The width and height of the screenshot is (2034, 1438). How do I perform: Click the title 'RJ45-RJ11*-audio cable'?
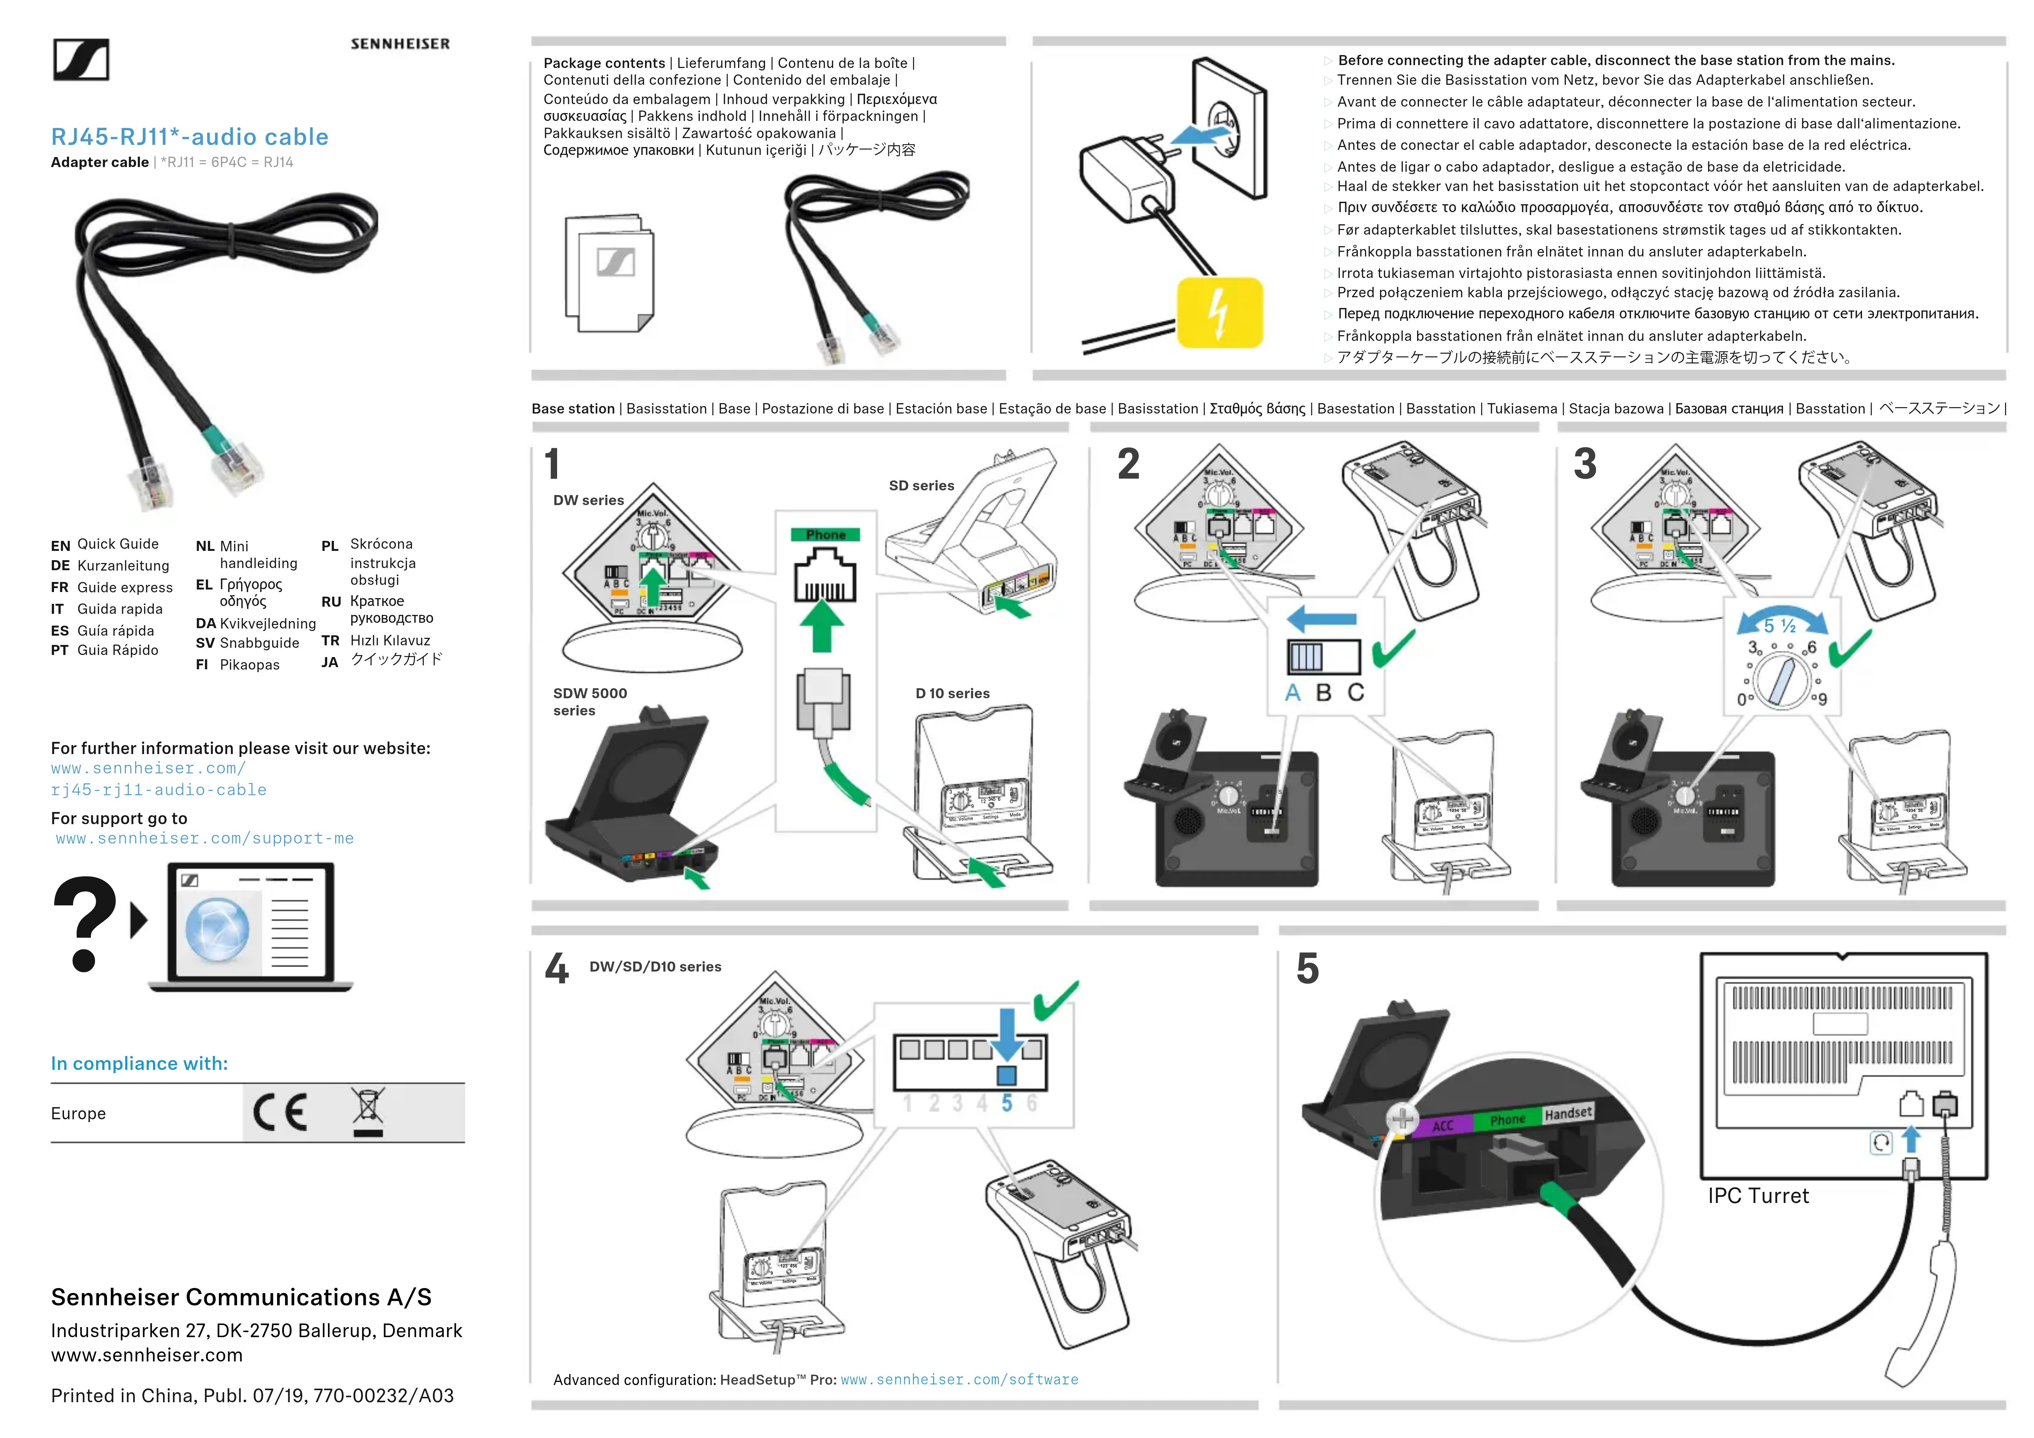click(x=190, y=137)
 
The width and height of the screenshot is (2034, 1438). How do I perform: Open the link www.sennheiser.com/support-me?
click(x=205, y=838)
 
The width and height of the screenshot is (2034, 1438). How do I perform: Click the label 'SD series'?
click(x=921, y=485)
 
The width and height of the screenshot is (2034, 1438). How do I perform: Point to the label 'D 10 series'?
click(x=952, y=693)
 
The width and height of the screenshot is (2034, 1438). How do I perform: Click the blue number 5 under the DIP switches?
click(x=1006, y=1103)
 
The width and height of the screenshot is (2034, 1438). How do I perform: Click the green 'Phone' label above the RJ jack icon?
click(x=826, y=534)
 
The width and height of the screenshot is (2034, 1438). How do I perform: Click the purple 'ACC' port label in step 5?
click(x=1442, y=1125)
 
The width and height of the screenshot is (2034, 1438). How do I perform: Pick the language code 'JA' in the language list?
click(x=330, y=662)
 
